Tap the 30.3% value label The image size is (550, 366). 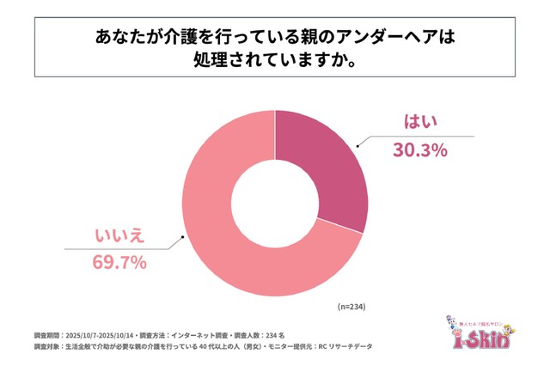click(420, 150)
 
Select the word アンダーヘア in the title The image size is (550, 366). click(369, 39)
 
